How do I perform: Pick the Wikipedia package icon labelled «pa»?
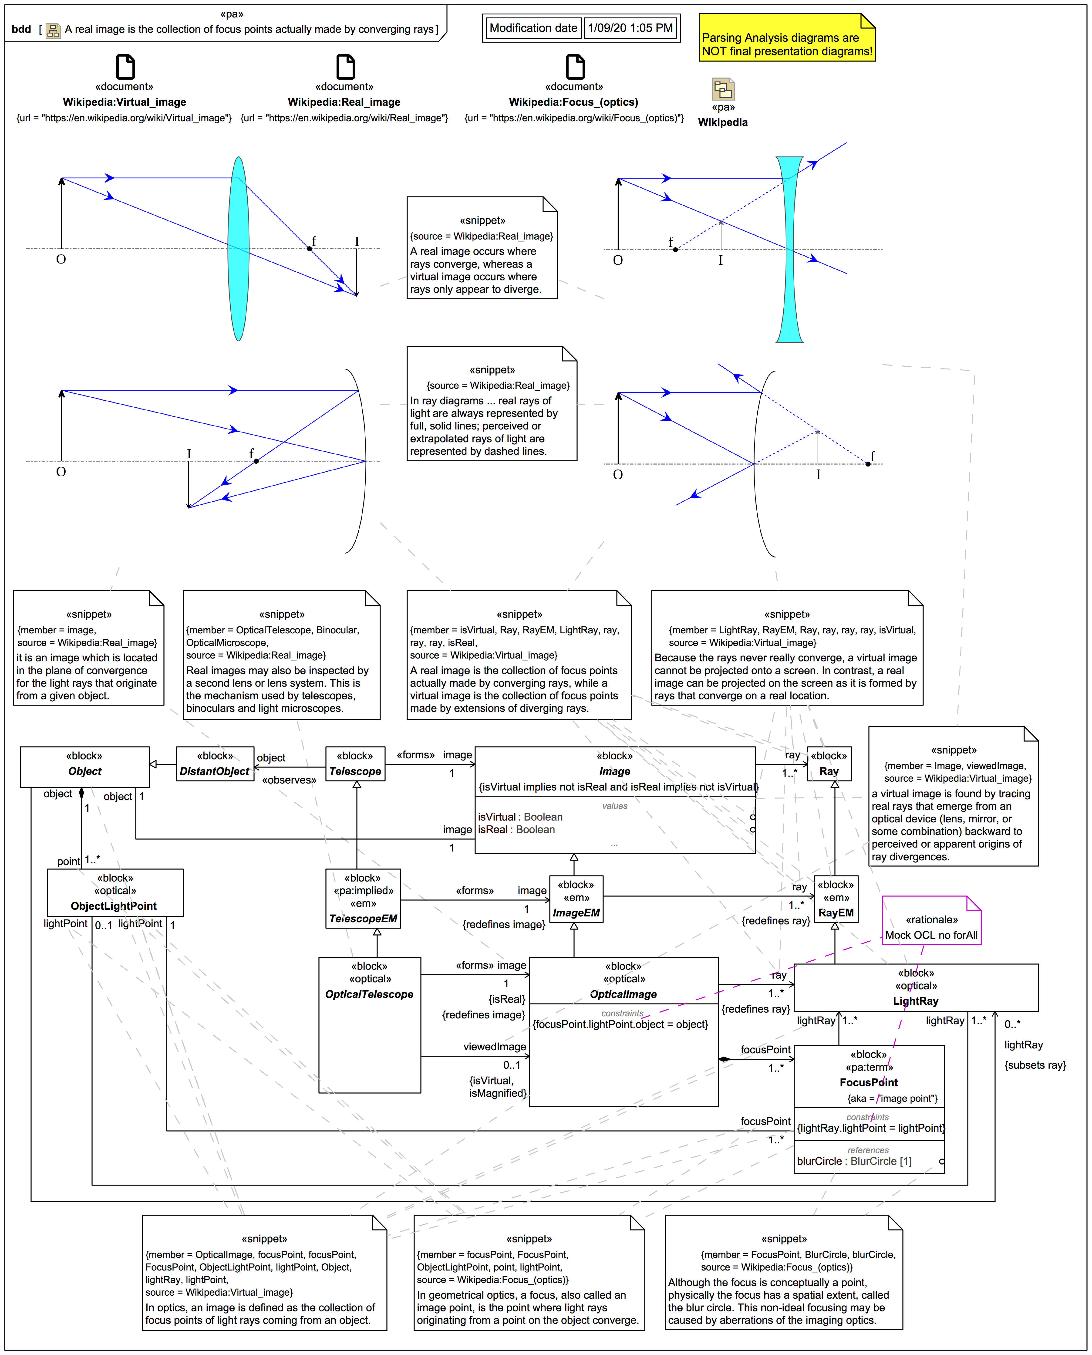click(723, 89)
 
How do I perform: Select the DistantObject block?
click(215, 764)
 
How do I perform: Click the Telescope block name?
click(355, 771)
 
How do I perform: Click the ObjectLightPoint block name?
click(114, 906)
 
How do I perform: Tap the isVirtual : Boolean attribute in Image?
click(520, 817)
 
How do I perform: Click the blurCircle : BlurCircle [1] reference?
click(854, 1161)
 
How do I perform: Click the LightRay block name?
click(915, 1001)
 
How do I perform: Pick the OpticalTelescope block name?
click(369, 994)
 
